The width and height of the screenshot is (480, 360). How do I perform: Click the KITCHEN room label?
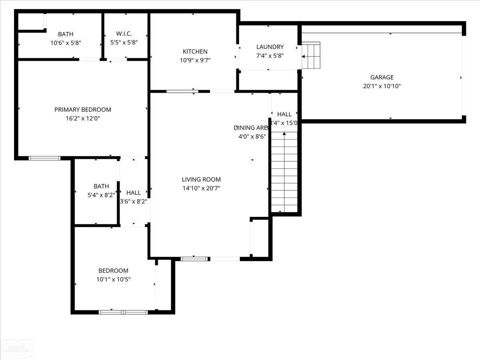(x=195, y=52)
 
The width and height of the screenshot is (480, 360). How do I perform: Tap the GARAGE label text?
(x=382, y=77)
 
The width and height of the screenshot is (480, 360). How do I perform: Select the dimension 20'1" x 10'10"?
(x=382, y=86)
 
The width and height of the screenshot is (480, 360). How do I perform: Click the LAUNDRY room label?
(x=270, y=47)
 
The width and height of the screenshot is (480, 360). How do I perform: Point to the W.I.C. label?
(x=124, y=34)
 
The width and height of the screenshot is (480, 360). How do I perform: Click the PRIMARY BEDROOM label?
(x=83, y=110)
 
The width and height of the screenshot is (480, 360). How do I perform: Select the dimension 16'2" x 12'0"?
(x=83, y=118)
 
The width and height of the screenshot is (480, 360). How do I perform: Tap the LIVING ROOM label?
(x=201, y=180)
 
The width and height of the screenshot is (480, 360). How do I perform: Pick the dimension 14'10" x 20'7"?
(x=201, y=188)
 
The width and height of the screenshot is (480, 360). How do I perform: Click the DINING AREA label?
(x=251, y=128)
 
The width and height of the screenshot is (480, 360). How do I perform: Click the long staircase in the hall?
(x=284, y=172)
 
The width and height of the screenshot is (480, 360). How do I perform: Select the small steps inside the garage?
(x=311, y=55)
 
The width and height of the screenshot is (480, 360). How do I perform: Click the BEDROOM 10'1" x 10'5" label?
(x=114, y=271)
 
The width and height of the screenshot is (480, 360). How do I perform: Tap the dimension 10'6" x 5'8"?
(x=66, y=43)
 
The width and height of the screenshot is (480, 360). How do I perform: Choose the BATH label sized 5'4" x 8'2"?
(x=101, y=186)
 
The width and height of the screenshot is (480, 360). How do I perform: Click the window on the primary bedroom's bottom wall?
(x=44, y=158)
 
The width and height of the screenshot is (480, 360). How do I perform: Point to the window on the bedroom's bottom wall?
(x=124, y=312)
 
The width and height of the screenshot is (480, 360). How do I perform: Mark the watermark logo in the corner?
(x=17, y=349)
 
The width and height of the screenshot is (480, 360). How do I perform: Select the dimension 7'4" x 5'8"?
(x=270, y=56)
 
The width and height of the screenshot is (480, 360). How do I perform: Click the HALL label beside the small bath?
(x=133, y=193)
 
